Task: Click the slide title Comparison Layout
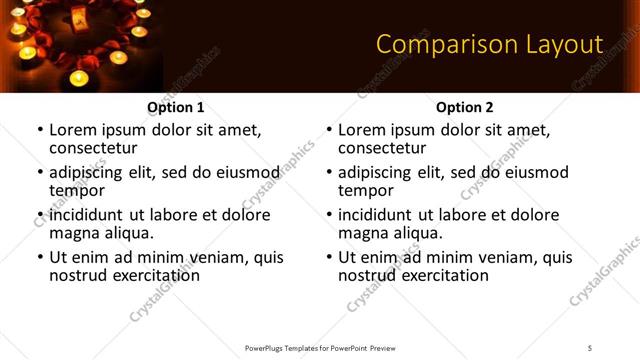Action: (x=489, y=45)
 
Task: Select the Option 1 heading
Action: (x=176, y=107)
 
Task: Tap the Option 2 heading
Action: (x=465, y=107)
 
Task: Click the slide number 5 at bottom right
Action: (x=590, y=348)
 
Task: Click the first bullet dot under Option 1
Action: (x=40, y=131)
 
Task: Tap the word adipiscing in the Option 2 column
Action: (x=376, y=172)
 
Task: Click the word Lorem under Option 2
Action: (x=363, y=130)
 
